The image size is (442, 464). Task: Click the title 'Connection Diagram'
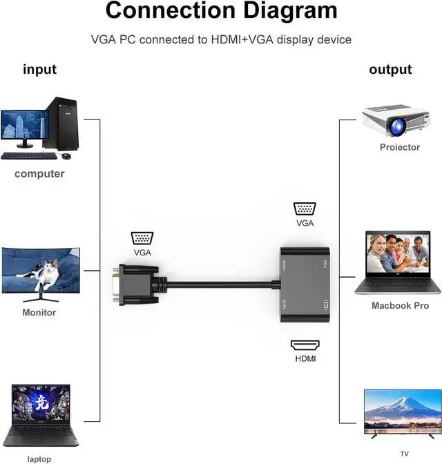221,11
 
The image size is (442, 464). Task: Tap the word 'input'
40,70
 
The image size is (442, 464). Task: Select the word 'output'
390,70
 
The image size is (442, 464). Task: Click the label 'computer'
39,174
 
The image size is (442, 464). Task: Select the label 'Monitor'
39,313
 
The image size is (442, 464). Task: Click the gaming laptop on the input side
41,414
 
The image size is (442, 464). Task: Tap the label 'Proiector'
399,148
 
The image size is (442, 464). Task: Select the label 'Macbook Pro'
400,306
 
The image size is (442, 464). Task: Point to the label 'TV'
403,454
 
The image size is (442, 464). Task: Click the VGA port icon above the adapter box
305,210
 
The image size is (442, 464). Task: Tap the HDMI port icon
305,345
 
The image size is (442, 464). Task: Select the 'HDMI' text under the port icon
305,359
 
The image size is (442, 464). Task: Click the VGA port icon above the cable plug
142,238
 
